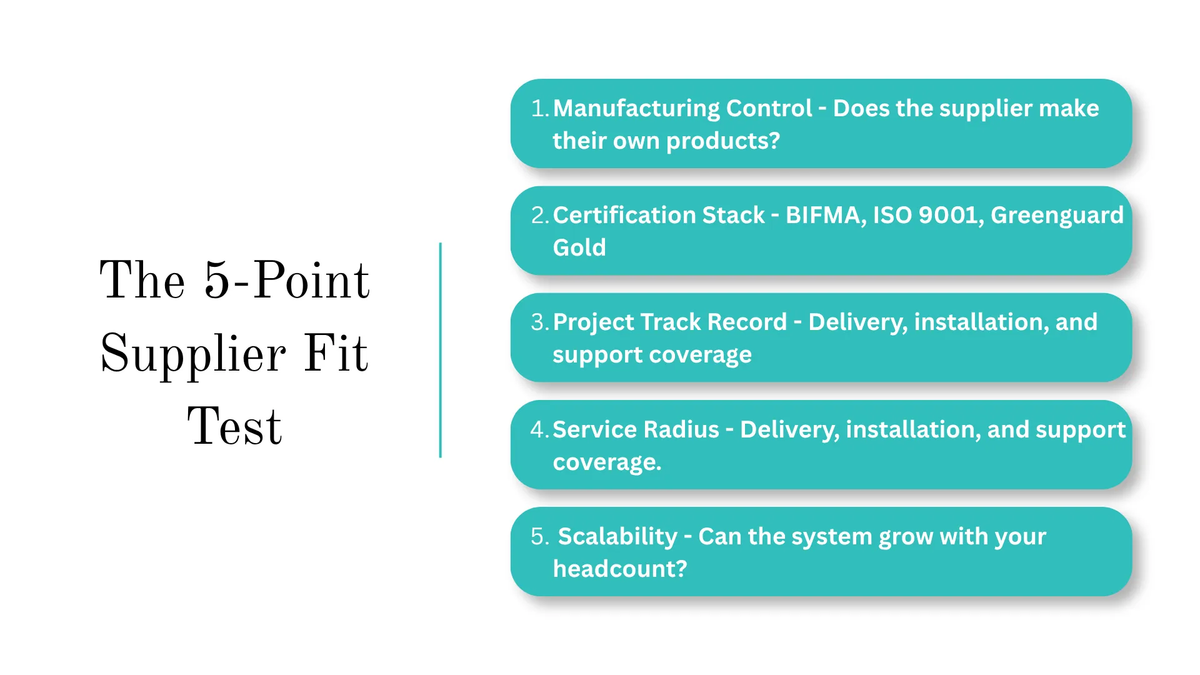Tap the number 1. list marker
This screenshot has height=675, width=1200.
point(539,109)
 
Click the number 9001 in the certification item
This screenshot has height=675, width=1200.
point(947,216)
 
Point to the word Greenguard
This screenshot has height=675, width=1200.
point(1057,216)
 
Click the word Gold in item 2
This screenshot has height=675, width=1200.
point(579,248)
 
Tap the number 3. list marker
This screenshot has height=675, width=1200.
point(539,322)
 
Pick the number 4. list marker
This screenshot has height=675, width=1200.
point(539,430)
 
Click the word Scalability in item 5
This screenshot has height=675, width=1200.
point(617,537)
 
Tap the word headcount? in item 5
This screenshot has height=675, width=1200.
point(620,569)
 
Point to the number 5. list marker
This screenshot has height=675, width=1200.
point(539,537)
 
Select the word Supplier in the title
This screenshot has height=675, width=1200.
point(193,354)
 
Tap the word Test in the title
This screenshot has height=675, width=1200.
point(234,427)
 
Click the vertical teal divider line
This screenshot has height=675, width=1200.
point(441,350)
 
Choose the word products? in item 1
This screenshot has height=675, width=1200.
point(723,141)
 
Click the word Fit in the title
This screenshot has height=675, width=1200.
point(336,354)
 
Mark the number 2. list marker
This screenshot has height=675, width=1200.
point(539,216)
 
